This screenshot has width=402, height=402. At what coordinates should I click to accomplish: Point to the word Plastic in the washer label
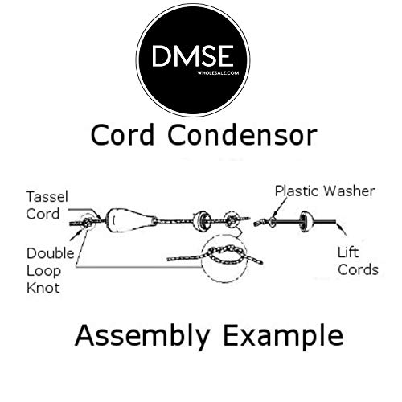pos(299,191)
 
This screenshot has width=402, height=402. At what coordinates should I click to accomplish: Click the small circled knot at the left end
pos(81,221)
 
